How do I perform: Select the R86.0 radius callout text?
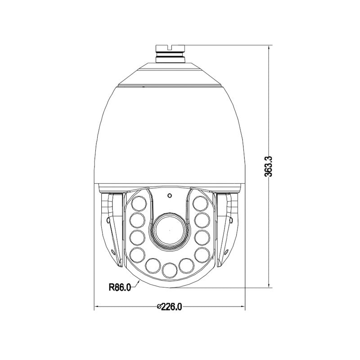[120, 287]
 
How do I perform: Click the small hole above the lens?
[170, 196]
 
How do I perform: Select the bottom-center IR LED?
[169, 270]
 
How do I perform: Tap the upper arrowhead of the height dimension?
[269, 47]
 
